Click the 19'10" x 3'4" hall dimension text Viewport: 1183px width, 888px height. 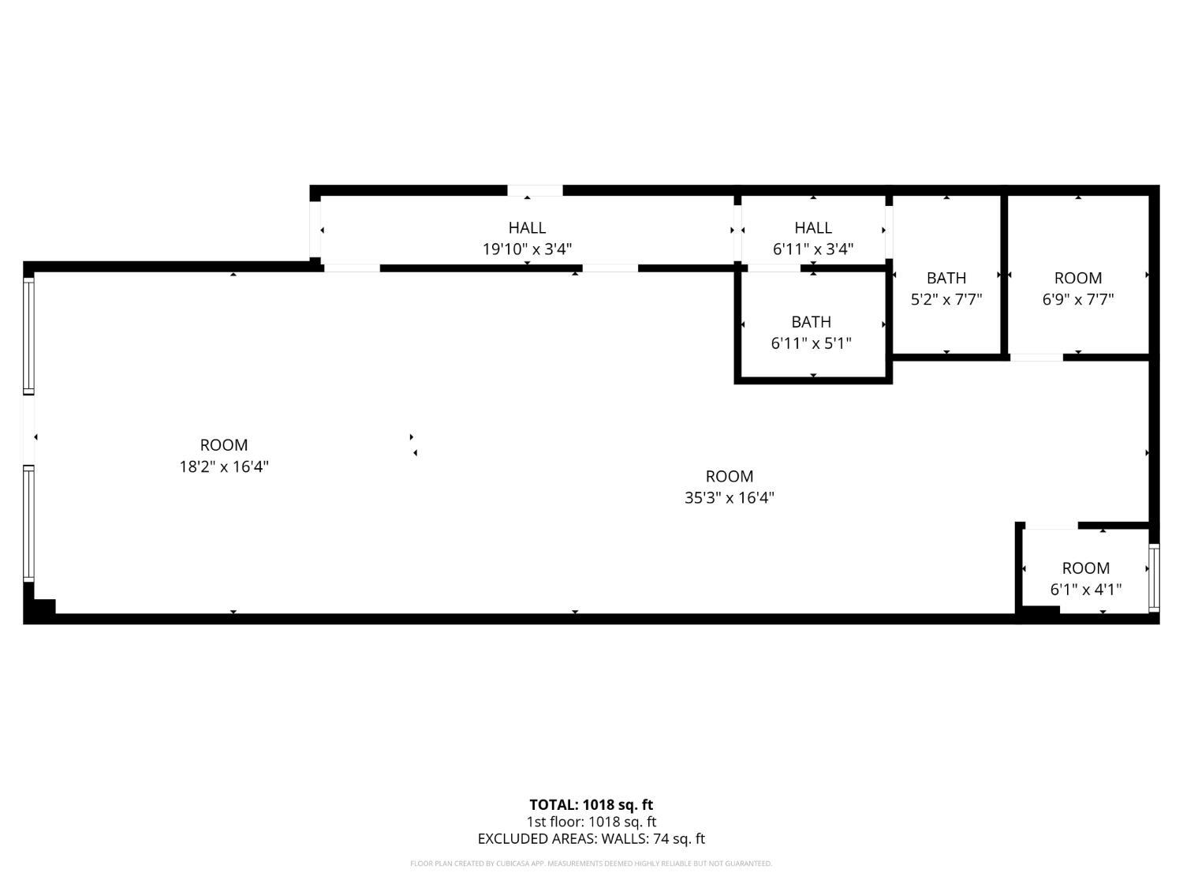pos(527,249)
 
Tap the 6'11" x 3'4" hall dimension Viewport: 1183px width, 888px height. pos(813,249)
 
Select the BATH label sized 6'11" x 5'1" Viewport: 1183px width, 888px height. pos(811,322)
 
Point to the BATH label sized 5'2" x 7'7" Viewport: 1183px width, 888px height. pos(946,278)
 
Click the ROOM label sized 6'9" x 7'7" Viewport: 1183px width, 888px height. pos(1078,278)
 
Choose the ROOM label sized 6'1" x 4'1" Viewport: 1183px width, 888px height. pos(1086,568)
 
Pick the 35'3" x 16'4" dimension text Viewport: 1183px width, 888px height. pos(730,497)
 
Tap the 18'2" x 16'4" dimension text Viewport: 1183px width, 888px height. pos(224,466)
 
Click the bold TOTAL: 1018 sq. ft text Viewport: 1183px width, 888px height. pos(591,805)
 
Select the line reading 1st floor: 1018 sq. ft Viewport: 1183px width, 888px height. pos(591,822)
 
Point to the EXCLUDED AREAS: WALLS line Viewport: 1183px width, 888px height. pos(591,839)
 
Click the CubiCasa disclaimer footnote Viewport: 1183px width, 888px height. pos(591,864)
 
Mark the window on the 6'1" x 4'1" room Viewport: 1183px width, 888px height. pos(1154,578)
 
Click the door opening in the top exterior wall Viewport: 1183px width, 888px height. pos(535,190)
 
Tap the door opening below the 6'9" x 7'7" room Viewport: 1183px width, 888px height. pos(1036,358)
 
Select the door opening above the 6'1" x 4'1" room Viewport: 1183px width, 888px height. pos(1051,525)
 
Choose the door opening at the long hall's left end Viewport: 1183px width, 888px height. pos(315,230)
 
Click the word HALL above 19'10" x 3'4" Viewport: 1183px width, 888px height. pos(527,227)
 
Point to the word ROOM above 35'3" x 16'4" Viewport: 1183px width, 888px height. pos(730,477)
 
